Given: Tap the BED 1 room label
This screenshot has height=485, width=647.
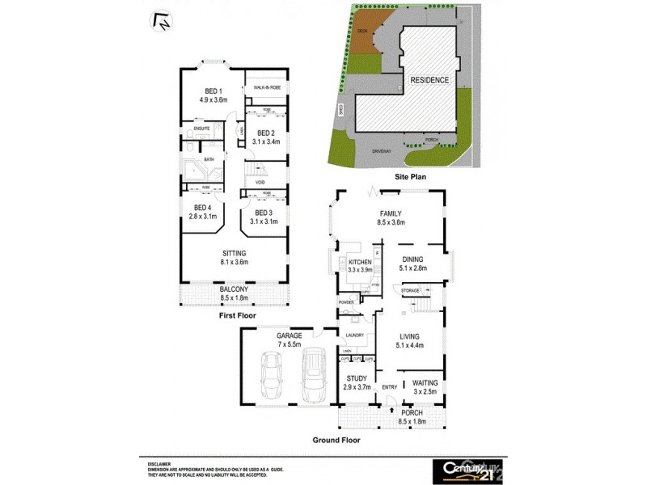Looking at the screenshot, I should click(x=214, y=91).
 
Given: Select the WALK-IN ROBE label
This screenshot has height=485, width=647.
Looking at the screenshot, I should click(x=266, y=87).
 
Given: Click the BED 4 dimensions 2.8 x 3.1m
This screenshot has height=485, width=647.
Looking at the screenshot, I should click(x=201, y=217).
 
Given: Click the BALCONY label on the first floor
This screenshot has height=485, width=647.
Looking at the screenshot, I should click(x=235, y=289).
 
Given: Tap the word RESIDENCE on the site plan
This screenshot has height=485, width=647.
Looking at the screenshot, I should click(x=429, y=80).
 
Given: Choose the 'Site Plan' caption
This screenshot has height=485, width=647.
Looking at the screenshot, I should click(x=410, y=175).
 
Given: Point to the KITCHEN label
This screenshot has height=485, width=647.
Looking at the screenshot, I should click(x=359, y=264).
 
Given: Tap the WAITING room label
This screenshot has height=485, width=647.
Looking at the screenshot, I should click(x=425, y=382).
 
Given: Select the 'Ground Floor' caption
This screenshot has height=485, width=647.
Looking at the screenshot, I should click(x=336, y=441).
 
